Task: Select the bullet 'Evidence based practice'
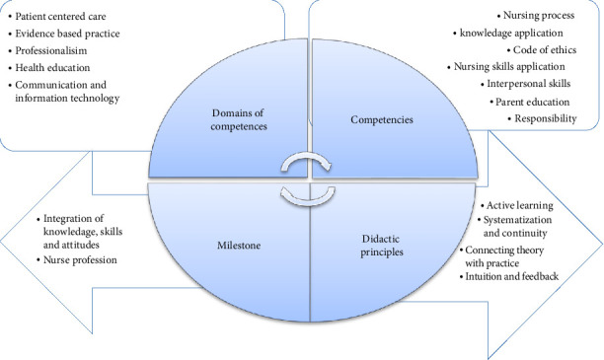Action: coord(74,33)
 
